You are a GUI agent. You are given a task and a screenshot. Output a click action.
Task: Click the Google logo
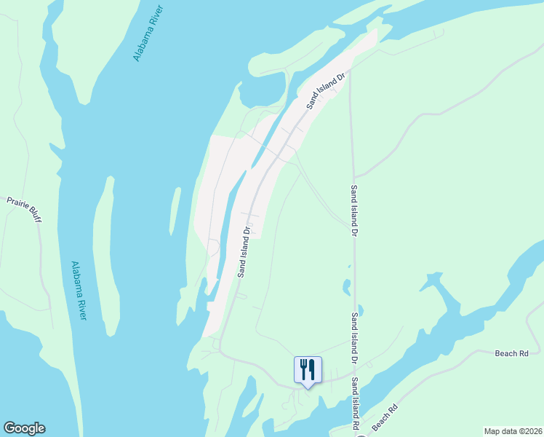[24, 428]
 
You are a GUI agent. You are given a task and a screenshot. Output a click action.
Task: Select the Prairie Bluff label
[24, 209]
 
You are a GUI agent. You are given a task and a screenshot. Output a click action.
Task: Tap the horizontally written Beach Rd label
[511, 353]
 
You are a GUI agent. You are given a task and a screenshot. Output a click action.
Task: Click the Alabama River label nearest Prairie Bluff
[79, 290]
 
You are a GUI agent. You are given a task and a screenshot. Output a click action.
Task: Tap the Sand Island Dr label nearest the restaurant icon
[354, 339]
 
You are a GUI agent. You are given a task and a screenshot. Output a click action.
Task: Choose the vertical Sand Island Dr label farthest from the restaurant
[354, 211]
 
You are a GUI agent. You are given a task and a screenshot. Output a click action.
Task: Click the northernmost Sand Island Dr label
[324, 90]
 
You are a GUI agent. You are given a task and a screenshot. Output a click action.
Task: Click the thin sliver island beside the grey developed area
[175, 211]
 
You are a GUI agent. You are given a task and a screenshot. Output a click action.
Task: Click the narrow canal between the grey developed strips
[234, 211]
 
